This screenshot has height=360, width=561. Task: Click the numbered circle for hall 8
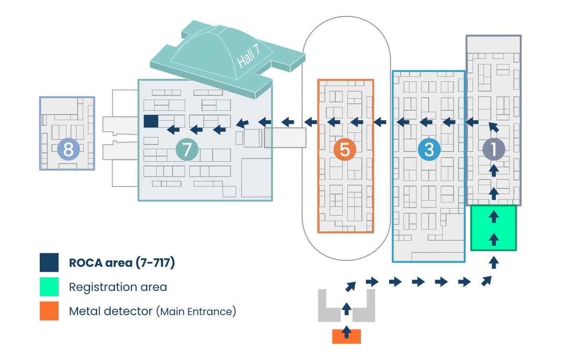pos(68,150)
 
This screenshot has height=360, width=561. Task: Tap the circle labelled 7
pos(187,150)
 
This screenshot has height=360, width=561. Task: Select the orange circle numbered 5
pos(345,150)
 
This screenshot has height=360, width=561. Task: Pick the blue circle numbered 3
pos(429,150)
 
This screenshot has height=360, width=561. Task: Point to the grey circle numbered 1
pos(494,150)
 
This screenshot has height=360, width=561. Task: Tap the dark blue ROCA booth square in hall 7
pos(151,121)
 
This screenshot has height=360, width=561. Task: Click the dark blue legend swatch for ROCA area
pos(49,262)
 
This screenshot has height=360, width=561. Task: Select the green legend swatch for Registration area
pos(49,287)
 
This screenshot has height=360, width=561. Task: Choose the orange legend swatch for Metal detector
pos(49,311)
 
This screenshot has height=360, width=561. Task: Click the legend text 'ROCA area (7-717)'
pos(122,263)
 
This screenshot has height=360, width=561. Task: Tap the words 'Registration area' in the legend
pos(118,287)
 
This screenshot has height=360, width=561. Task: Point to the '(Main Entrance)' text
pos(196,311)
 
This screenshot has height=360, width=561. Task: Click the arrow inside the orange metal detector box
pos(346,332)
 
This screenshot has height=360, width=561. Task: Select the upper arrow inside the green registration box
pos(494,216)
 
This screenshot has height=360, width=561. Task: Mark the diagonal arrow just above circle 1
pos(493,127)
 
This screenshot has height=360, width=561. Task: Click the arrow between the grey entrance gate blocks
pos(346,309)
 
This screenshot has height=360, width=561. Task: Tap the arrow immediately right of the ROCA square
pos(174,130)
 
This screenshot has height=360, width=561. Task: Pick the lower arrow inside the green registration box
pos(494,239)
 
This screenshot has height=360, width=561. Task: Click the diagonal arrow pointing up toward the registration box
pos(487,281)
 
